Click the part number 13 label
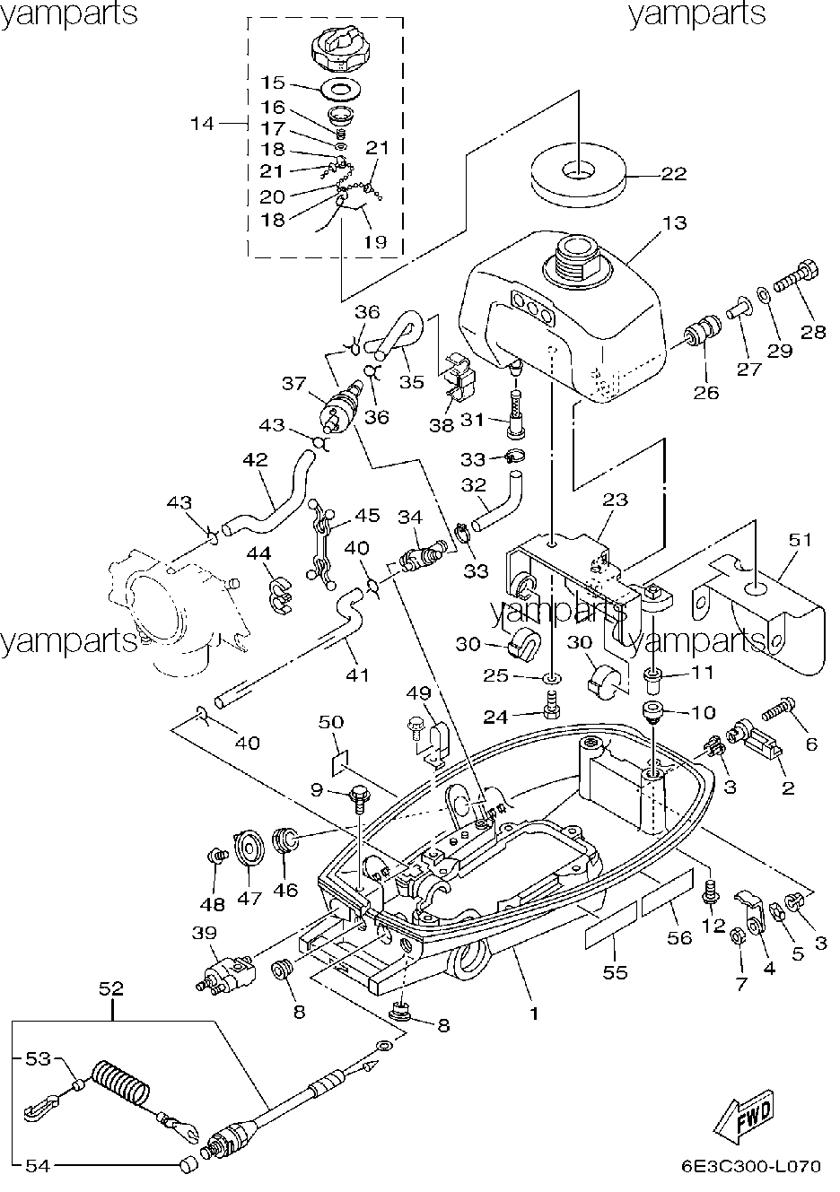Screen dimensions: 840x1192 pos(675,223)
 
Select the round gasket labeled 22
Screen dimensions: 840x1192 pos(578,174)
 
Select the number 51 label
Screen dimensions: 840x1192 pos(801,540)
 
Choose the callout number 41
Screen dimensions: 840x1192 pos(357,675)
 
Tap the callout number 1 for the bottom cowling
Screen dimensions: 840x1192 pos(535,1014)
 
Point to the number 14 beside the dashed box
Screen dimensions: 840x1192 pos(202,124)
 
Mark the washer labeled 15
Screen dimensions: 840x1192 pos(341,87)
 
